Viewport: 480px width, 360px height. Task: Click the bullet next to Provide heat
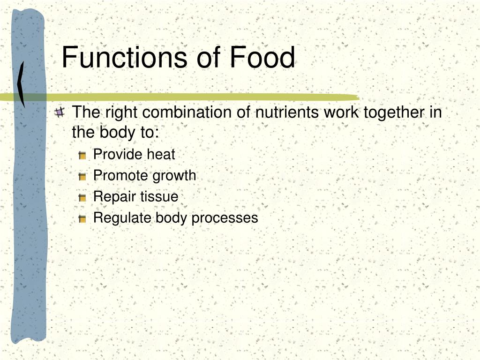[x=82, y=156]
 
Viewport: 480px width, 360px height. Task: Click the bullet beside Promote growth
[x=82, y=177]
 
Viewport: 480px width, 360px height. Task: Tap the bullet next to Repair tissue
[x=82, y=198]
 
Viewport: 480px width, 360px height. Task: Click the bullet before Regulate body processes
[x=82, y=219]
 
